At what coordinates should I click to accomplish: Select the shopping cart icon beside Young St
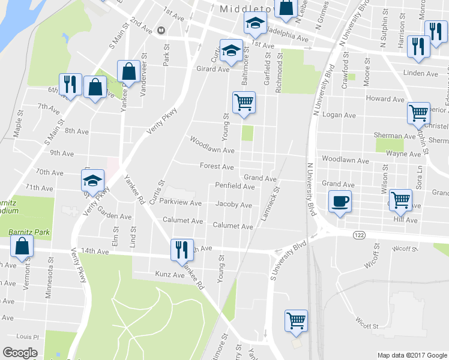[x=244, y=102]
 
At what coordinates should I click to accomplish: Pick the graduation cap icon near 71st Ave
[x=93, y=179]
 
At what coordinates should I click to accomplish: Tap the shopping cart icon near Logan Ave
[x=418, y=112]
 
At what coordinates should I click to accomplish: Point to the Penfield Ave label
[x=235, y=187]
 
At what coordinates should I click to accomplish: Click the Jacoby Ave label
[x=234, y=205]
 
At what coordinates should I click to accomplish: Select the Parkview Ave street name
[x=181, y=203]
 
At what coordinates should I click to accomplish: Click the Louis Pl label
[x=28, y=337]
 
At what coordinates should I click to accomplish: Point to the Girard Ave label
[x=213, y=69]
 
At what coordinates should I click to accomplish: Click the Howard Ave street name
[x=381, y=98]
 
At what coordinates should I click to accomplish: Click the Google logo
[x=20, y=353]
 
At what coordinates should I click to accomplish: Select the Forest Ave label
[x=216, y=166]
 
